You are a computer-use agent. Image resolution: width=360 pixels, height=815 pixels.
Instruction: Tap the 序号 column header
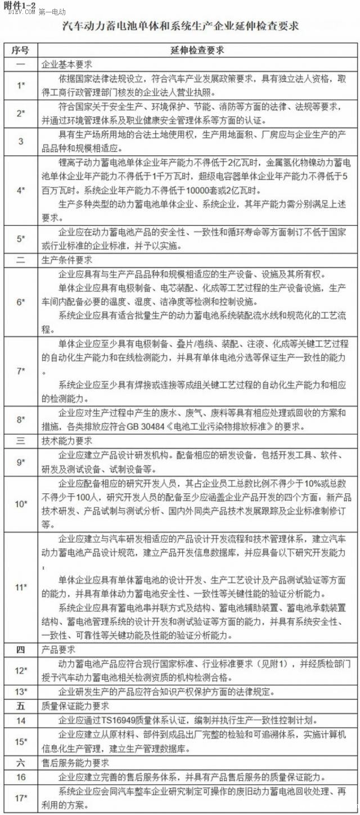click(x=20, y=50)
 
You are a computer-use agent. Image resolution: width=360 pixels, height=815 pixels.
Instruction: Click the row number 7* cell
click(x=20, y=371)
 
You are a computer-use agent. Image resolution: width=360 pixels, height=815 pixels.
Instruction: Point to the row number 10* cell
click(x=20, y=503)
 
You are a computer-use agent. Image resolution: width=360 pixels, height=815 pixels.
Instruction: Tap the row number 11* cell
click(x=20, y=587)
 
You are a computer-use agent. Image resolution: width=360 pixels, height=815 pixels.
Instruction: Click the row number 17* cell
click(x=20, y=798)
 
